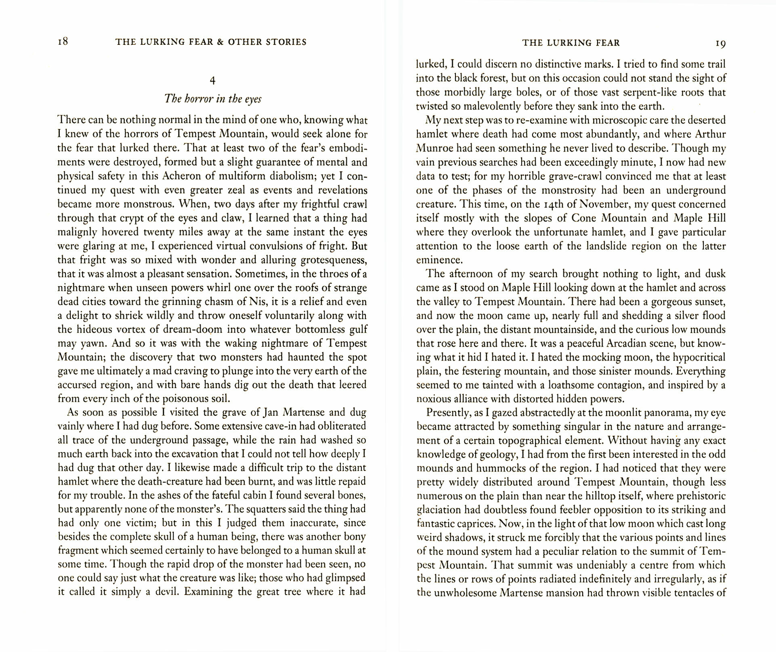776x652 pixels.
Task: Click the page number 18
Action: click(x=63, y=42)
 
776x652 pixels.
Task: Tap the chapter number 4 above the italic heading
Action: click(x=213, y=80)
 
